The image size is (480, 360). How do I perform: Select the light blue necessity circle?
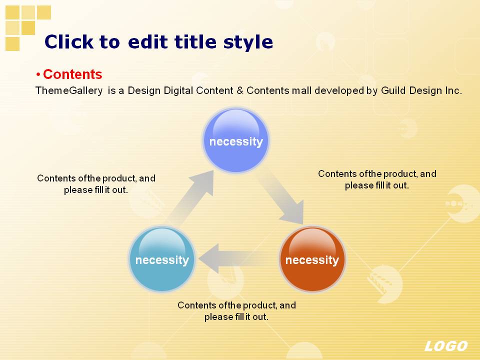(162, 259)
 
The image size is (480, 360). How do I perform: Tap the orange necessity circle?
(312, 259)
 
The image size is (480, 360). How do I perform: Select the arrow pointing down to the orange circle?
(280, 197)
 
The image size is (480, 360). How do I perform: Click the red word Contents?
(72, 74)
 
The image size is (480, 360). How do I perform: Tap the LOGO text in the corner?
(446, 346)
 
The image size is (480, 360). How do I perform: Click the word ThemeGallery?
(69, 91)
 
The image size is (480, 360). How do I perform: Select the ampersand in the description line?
(239, 90)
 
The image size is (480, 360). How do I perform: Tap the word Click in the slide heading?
(69, 41)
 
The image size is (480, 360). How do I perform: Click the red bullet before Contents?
(38, 74)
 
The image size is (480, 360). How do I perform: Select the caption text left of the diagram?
(96, 184)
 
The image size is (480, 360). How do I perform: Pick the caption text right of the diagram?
(377, 179)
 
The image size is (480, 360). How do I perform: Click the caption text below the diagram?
(236, 310)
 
